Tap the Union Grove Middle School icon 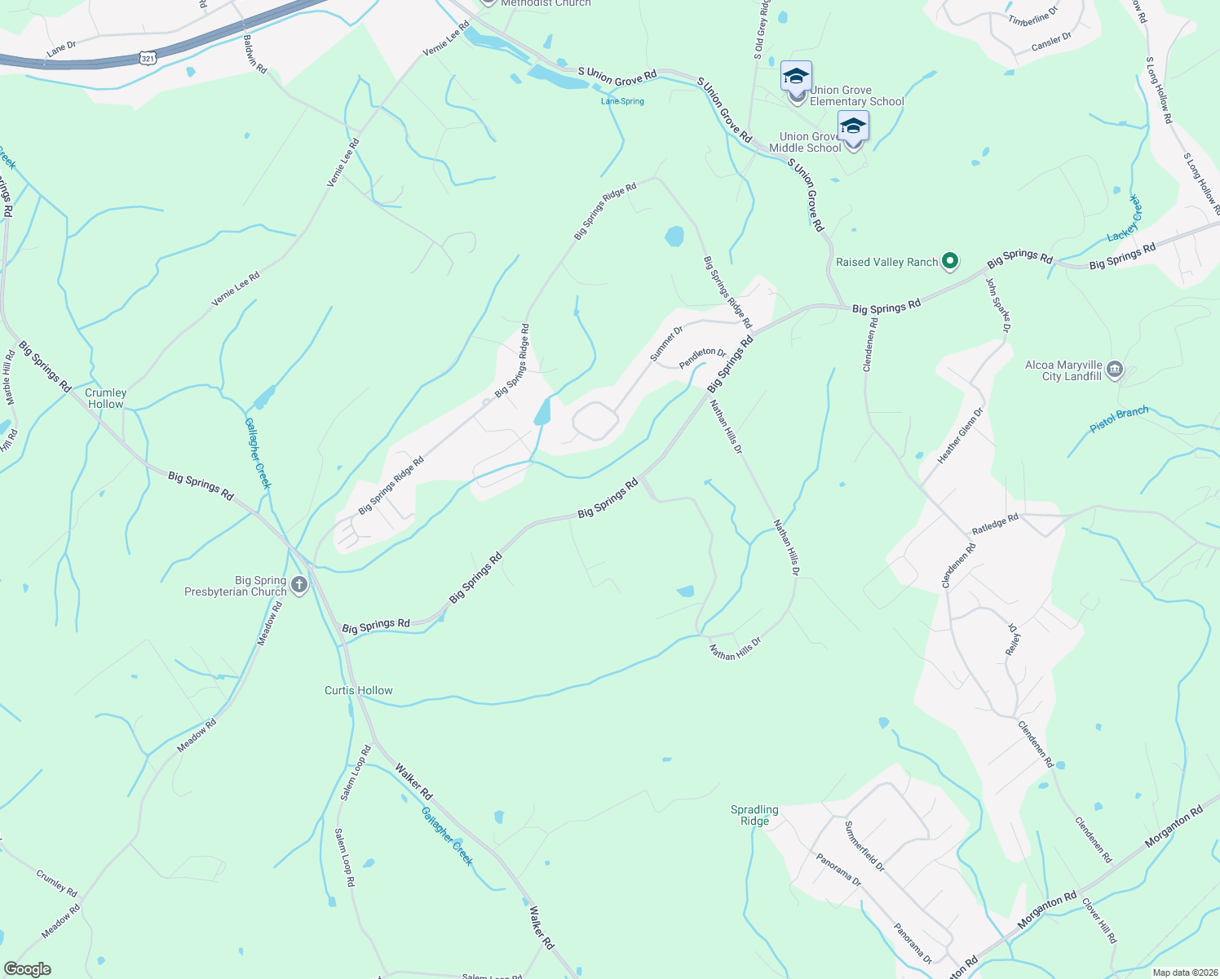853,128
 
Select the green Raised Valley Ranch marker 949,262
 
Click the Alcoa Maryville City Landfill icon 1115,370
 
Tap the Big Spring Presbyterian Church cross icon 299,585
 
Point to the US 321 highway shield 148,58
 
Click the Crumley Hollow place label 106,398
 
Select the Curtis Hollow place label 359,690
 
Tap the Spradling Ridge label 754,815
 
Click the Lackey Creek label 1125,219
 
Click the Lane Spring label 622,101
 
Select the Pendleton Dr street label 702,358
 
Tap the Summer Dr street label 666,343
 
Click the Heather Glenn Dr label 960,436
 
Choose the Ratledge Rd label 995,524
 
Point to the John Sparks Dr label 998,306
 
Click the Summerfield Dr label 864,846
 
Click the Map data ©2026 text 1183,972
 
